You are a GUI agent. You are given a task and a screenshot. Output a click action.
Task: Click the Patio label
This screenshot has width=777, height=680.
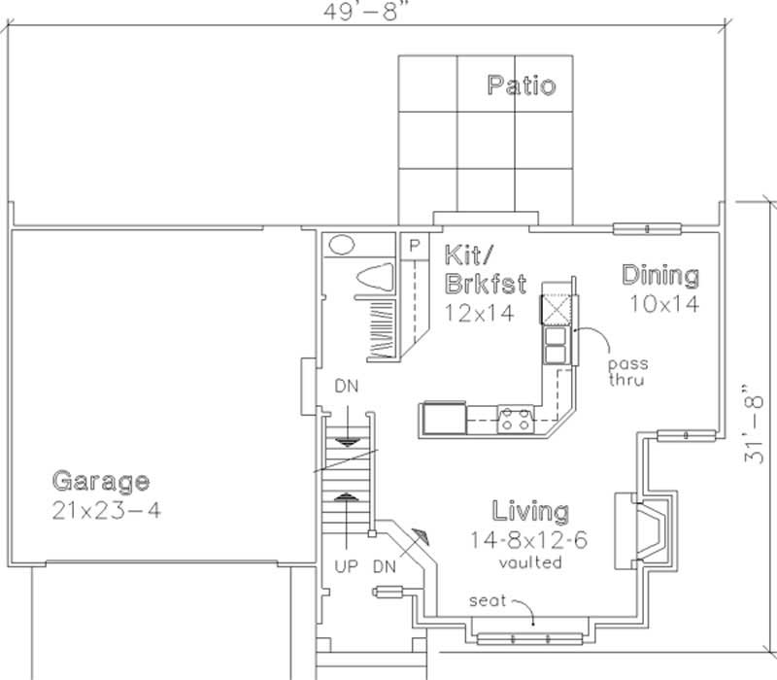[x=522, y=85]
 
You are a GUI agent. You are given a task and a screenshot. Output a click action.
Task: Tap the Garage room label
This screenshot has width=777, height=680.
[x=100, y=481]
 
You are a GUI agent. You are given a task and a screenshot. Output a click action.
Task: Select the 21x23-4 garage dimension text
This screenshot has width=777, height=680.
[x=106, y=510]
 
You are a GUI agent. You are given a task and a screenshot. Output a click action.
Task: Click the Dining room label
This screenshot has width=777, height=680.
[x=660, y=276]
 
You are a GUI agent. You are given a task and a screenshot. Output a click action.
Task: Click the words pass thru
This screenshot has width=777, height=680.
[x=627, y=372]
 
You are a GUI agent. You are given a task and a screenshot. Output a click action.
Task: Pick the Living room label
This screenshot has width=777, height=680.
[x=530, y=511]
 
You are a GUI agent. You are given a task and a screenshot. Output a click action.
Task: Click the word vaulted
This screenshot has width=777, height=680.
[x=529, y=562]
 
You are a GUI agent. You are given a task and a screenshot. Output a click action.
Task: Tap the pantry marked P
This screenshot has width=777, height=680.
[x=414, y=246]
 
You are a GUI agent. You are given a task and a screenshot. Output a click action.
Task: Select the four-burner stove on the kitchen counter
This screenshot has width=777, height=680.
[x=515, y=421]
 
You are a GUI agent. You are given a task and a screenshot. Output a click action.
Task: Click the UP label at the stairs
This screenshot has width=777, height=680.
[x=347, y=564]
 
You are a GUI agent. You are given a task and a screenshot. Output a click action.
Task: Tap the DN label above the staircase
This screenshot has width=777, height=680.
[x=347, y=386]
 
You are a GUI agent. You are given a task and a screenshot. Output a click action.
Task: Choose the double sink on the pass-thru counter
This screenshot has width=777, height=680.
[x=557, y=345]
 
